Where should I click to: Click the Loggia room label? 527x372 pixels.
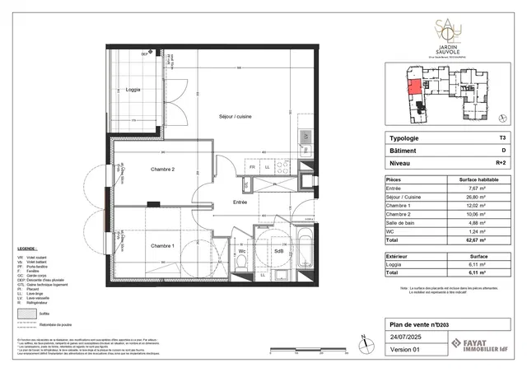133,89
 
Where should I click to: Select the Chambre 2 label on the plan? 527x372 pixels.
163,170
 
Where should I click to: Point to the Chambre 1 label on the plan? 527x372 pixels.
162,245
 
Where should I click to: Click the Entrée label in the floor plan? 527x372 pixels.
240,202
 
